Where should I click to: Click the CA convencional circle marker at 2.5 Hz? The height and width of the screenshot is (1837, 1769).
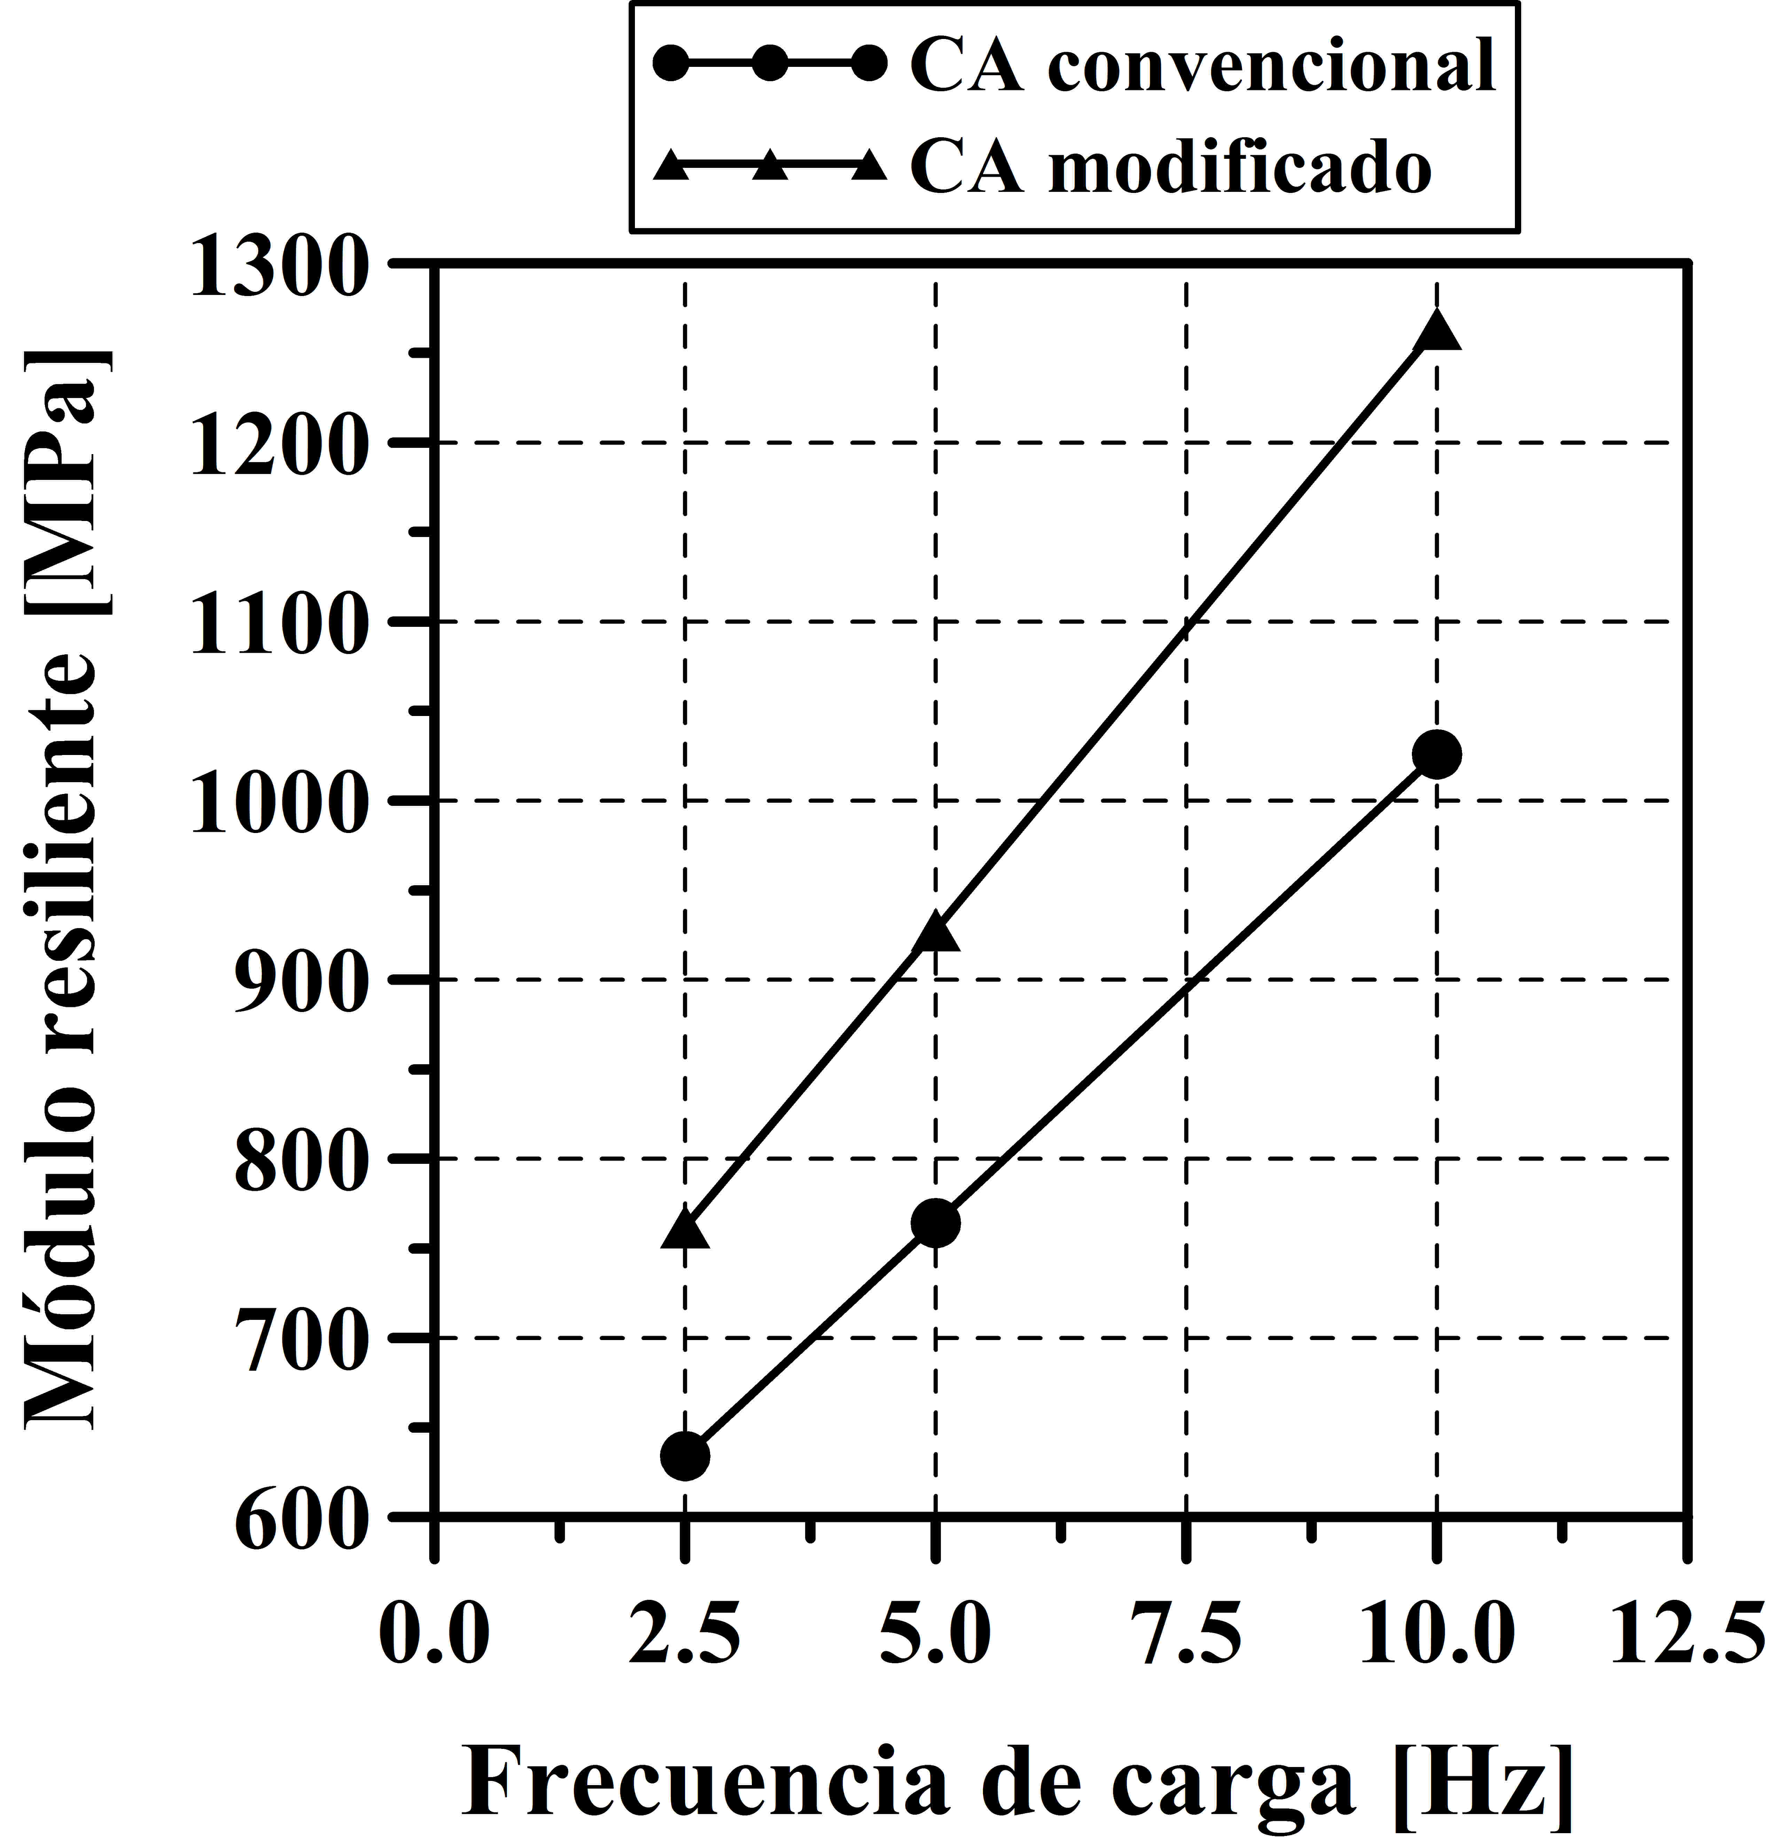(x=685, y=1456)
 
